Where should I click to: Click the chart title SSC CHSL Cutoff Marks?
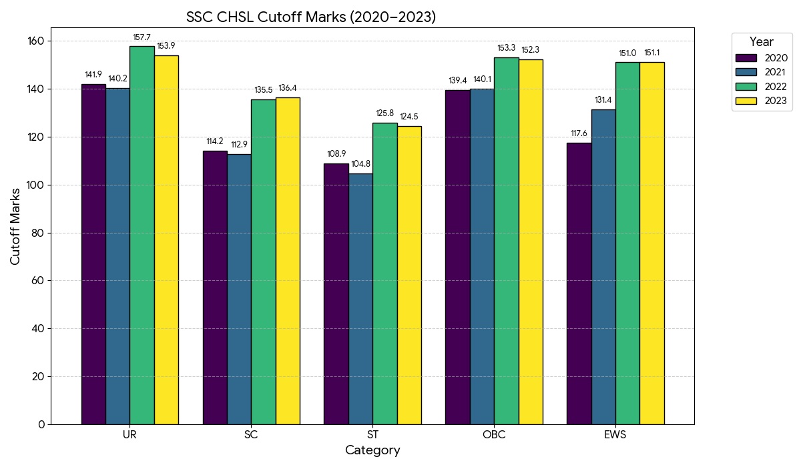pyautogui.click(x=310, y=17)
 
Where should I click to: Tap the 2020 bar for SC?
pyautogui.click(x=215, y=287)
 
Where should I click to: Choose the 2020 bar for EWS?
pyautogui.click(x=579, y=284)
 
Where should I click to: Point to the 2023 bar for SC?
pyautogui.click(x=288, y=260)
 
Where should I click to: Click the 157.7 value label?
pyautogui.click(x=142, y=37)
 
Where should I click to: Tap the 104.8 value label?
pyautogui.click(x=360, y=164)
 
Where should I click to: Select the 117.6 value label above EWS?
pyautogui.click(x=579, y=133)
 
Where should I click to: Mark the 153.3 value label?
pyautogui.click(x=507, y=48)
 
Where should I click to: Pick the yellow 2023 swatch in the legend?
pyautogui.click(x=746, y=101)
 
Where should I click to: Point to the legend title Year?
pyautogui.click(x=761, y=42)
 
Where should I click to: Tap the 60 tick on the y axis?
pyautogui.click(x=38, y=281)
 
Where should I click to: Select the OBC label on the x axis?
pyautogui.click(x=494, y=435)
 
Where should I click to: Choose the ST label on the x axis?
pyautogui.click(x=372, y=435)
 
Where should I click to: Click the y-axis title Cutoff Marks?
pyautogui.click(x=15, y=225)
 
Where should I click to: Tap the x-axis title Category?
pyautogui.click(x=372, y=450)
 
